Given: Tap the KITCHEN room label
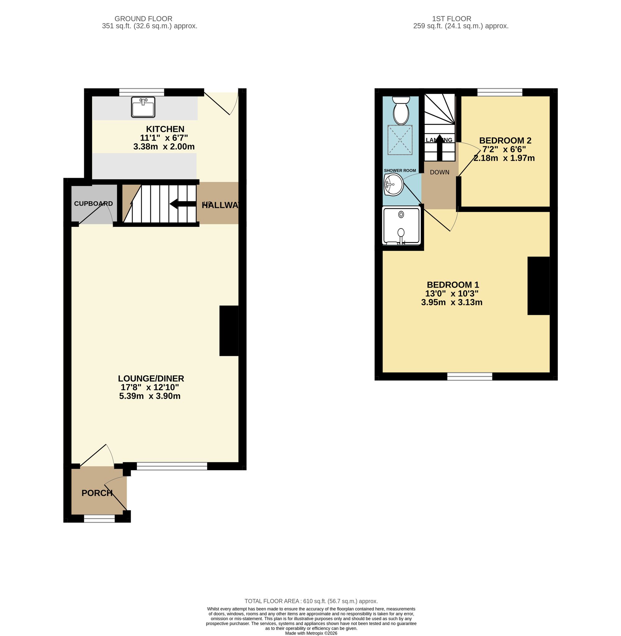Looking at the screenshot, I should tap(165, 129).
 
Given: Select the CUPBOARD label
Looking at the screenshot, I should tap(93, 203).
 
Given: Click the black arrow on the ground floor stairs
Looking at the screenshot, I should tap(182, 204).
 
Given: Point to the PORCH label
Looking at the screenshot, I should tap(97, 493).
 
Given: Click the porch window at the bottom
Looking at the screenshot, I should tap(99, 518).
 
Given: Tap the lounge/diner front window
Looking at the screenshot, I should tap(172, 466).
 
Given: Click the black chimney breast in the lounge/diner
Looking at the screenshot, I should tap(229, 330).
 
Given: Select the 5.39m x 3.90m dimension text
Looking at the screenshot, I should tap(150, 396).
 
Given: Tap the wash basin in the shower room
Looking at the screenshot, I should tap(394, 184).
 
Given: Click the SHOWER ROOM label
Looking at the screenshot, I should tap(400, 170).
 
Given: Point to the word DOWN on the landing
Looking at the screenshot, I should tap(439, 173).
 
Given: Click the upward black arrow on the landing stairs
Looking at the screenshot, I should tap(439, 147).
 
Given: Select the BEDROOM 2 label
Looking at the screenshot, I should tap(505, 141).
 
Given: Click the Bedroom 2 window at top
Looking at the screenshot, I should tap(500, 92).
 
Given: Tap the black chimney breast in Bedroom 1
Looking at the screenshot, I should tap(538, 286).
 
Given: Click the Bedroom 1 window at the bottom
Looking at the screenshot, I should tap(469, 376).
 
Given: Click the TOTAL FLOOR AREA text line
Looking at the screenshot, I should tap(311, 601).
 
